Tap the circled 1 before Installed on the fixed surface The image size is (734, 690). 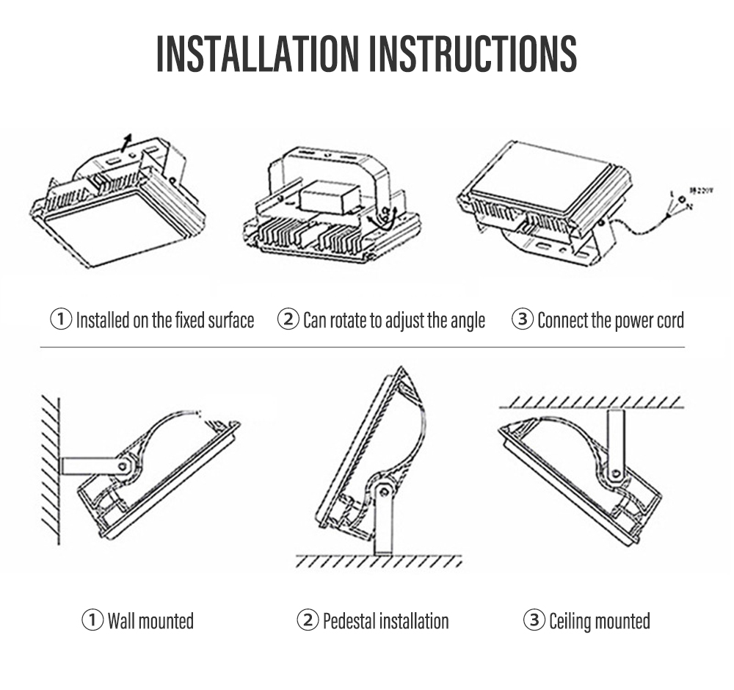click(x=61, y=320)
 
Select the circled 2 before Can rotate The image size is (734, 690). click(x=288, y=320)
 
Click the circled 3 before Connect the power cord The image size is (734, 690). click(x=522, y=320)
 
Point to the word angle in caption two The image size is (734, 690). click(x=467, y=322)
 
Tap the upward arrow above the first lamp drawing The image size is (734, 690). click(x=128, y=140)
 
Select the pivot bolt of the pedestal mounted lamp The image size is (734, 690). click(x=383, y=490)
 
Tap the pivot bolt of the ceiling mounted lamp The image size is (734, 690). click(x=615, y=473)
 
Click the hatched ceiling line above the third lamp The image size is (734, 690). click(x=591, y=402)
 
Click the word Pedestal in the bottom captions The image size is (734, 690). click(x=349, y=621)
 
